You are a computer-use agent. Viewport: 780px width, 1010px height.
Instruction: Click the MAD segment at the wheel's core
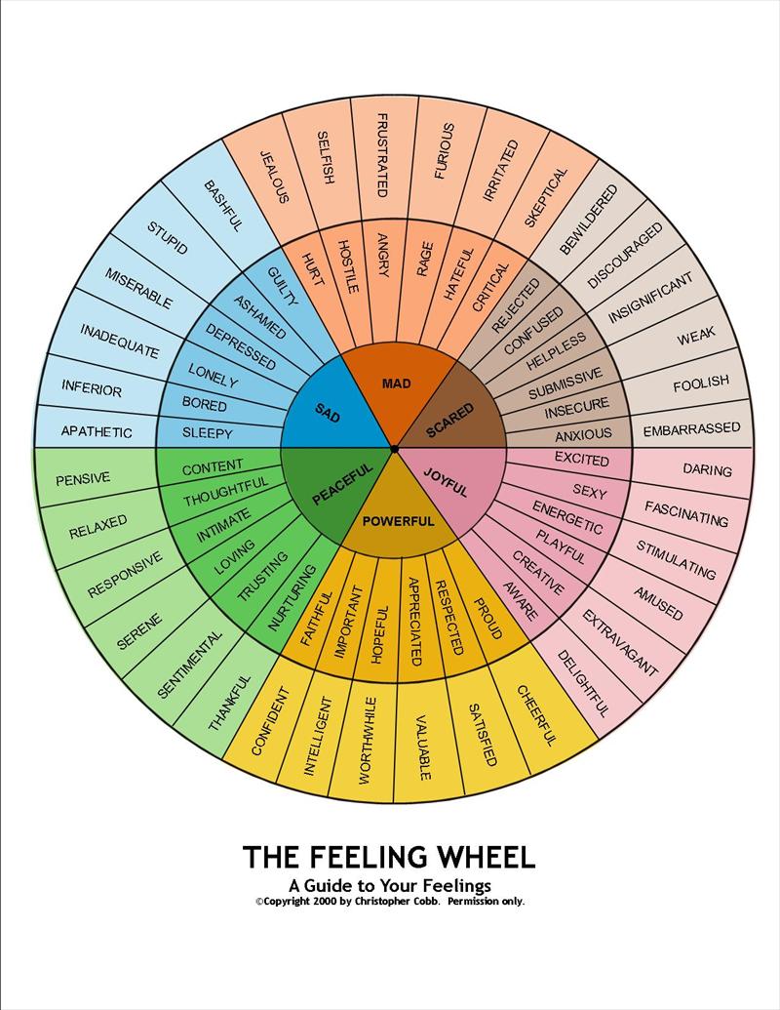396,384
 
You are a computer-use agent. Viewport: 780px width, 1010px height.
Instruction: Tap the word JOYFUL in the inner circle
447,482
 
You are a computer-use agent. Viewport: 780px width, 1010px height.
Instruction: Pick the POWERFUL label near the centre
398,521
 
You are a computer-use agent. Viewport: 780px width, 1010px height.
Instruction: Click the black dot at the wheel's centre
393,449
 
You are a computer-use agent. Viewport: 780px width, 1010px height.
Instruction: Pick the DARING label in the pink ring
707,470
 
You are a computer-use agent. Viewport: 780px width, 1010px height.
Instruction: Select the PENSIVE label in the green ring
83,478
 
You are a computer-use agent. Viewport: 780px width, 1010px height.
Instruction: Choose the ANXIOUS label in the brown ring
583,433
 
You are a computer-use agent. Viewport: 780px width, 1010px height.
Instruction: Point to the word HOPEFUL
380,635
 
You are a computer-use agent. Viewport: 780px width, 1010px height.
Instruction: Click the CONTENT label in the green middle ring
213,467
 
